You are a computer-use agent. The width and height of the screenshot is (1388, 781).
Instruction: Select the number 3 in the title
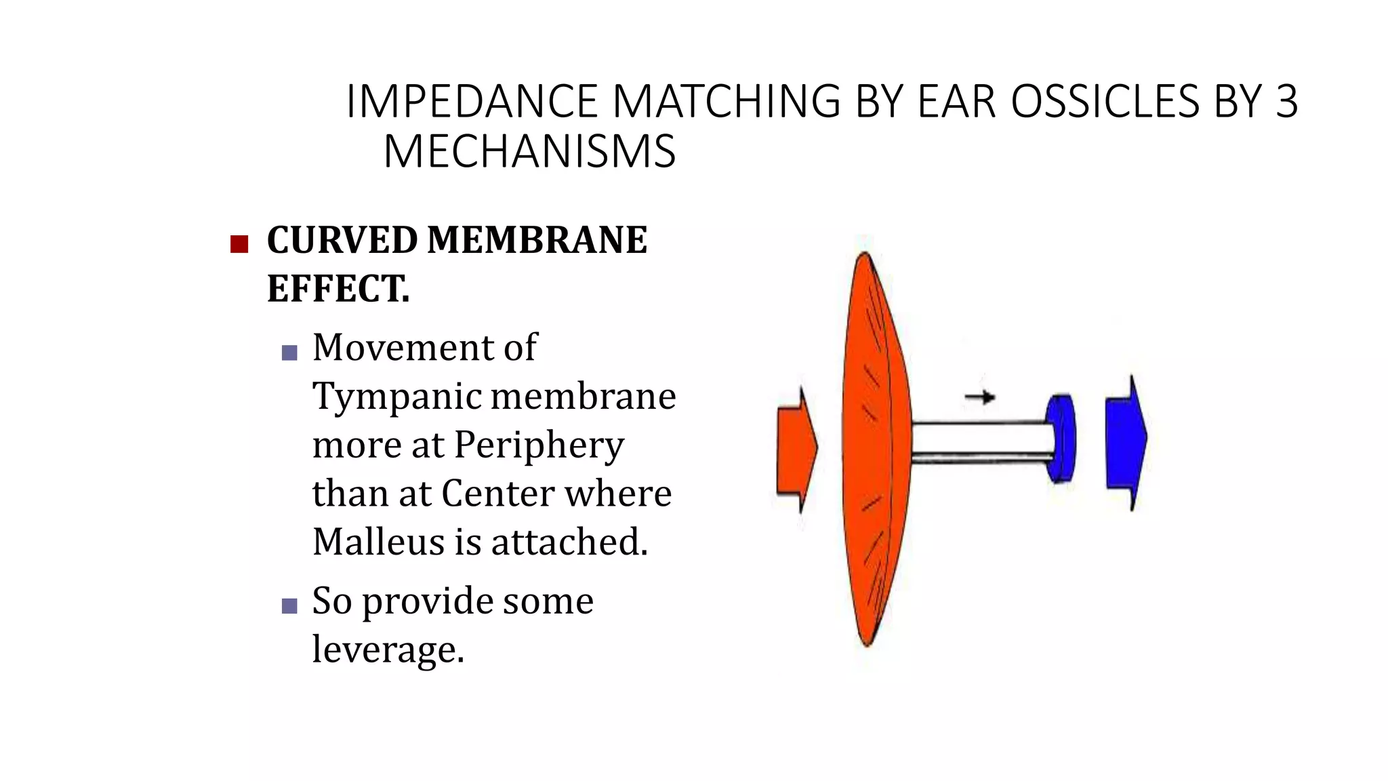tap(1286, 102)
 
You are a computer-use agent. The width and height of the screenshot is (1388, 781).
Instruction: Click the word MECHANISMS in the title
tap(529, 151)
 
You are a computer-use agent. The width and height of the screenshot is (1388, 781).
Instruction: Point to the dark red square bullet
tap(239, 244)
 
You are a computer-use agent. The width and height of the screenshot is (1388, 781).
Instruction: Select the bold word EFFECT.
tap(338, 289)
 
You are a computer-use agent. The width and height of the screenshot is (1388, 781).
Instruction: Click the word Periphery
tap(539, 446)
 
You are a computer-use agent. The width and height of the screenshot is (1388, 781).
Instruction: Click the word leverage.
tap(388, 649)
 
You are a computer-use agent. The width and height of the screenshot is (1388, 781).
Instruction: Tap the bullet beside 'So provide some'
tap(289, 605)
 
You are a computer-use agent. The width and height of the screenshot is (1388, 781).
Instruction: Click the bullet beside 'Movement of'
tap(289, 353)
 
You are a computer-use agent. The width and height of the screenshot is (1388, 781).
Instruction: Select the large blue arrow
tap(1126, 441)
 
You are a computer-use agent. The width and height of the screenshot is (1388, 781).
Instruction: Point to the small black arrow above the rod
tap(980, 397)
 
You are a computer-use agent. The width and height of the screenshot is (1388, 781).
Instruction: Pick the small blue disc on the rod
tap(1061, 437)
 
